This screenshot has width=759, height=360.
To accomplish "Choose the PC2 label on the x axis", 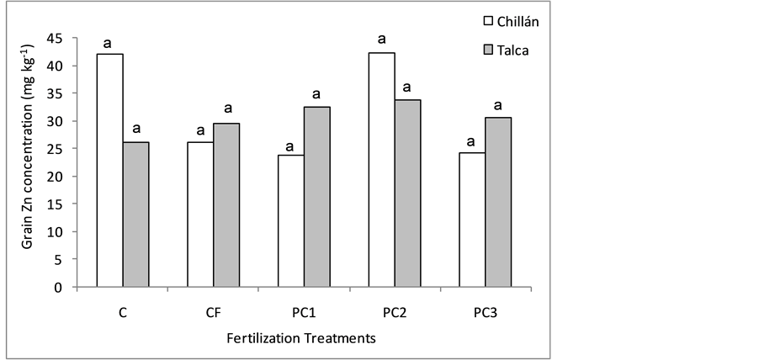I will tap(395, 314).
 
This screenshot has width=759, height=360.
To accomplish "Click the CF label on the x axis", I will tap(213, 314).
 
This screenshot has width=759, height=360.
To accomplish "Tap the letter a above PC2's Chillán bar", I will tap(381, 39).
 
